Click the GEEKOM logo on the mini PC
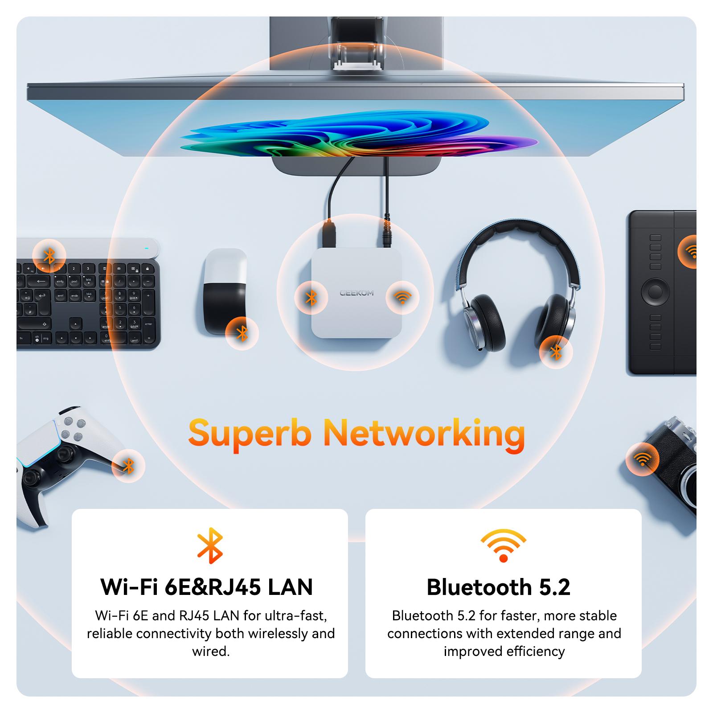[356, 293]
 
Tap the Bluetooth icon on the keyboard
[49, 256]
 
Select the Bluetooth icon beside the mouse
[242, 333]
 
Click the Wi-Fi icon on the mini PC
[402, 297]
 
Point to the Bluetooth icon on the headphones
[556, 352]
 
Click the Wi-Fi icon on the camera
[642, 459]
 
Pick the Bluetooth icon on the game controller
[128, 466]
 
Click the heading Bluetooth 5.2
[498, 587]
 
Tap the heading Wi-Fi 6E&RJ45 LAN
[207, 587]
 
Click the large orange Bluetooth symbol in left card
[209, 545]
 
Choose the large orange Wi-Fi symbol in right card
[503, 545]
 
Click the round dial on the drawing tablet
[655, 292]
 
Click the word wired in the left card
[210, 652]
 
